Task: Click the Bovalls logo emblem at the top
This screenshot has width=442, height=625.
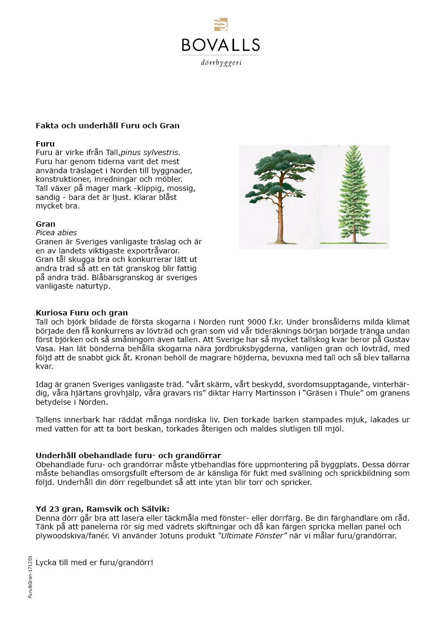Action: click(220, 26)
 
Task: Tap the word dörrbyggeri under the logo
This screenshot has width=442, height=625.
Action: click(221, 63)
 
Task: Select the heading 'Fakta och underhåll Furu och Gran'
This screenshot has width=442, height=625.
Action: click(107, 126)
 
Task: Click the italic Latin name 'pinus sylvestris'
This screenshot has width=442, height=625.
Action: click(150, 152)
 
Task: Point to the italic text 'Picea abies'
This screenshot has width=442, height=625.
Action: click(56, 233)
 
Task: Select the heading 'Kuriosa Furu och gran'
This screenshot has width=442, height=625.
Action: click(82, 313)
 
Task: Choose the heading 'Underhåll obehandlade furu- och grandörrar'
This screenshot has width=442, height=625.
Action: click(128, 456)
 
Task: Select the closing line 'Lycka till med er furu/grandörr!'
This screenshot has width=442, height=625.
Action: click(95, 562)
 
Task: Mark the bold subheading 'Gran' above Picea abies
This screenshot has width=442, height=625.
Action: click(45, 224)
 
